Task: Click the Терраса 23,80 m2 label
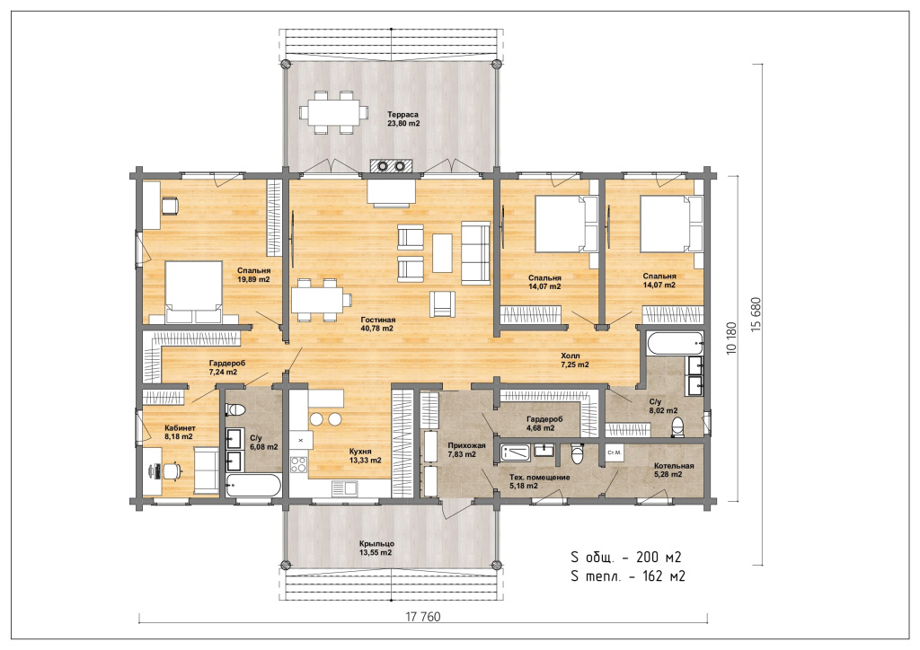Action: point(403,119)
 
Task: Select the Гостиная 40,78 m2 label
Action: point(378,324)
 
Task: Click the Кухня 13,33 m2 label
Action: point(365,456)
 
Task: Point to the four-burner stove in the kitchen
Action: point(298,465)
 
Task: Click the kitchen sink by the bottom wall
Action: point(344,487)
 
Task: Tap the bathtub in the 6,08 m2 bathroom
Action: point(253,486)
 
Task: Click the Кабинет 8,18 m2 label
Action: point(180,432)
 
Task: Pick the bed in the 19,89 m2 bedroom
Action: point(194,291)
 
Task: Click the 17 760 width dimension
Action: point(423,617)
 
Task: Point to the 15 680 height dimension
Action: point(756,315)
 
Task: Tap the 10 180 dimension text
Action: point(731,338)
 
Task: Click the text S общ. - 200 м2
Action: point(626,557)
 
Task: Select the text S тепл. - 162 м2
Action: point(628,576)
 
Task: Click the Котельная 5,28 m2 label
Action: point(674,470)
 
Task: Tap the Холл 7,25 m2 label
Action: point(574,360)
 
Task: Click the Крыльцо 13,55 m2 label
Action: point(376,548)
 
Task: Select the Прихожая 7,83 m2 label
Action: point(466,450)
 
